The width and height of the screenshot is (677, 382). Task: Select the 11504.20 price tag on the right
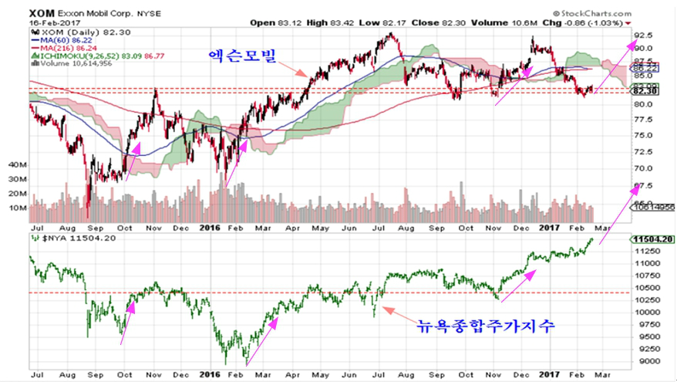tap(652, 240)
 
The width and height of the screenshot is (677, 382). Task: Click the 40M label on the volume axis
tap(18, 166)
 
